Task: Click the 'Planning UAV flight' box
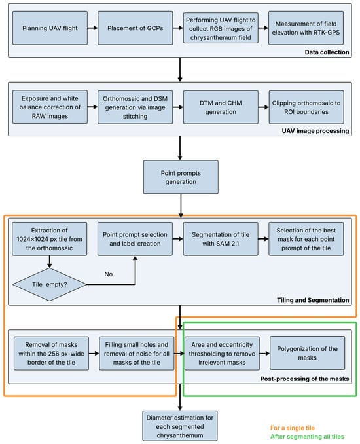click(x=50, y=28)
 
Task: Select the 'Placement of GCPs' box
click(x=135, y=28)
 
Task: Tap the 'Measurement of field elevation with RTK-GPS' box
click(x=306, y=28)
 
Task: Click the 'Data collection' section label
click(x=327, y=52)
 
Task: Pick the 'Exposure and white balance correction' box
click(x=50, y=107)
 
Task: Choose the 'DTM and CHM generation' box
click(x=221, y=107)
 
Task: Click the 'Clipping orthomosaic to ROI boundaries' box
click(x=306, y=107)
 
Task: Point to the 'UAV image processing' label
click(x=315, y=131)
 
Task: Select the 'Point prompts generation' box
click(x=181, y=177)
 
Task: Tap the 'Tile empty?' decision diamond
click(x=50, y=284)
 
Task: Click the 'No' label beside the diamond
click(x=109, y=274)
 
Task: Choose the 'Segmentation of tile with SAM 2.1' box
click(x=221, y=239)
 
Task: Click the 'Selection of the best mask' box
click(x=306, y=239)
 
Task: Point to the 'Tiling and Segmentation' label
click(x=313, y=300)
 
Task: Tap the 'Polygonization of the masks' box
click(x=308, y=353)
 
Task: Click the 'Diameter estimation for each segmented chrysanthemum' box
click(x=180, y=426)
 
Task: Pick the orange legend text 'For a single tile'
click(x=293, y=428)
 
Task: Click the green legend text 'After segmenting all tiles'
click(x=307, y=437)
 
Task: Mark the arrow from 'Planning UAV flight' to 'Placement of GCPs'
click(x=92, y=28)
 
